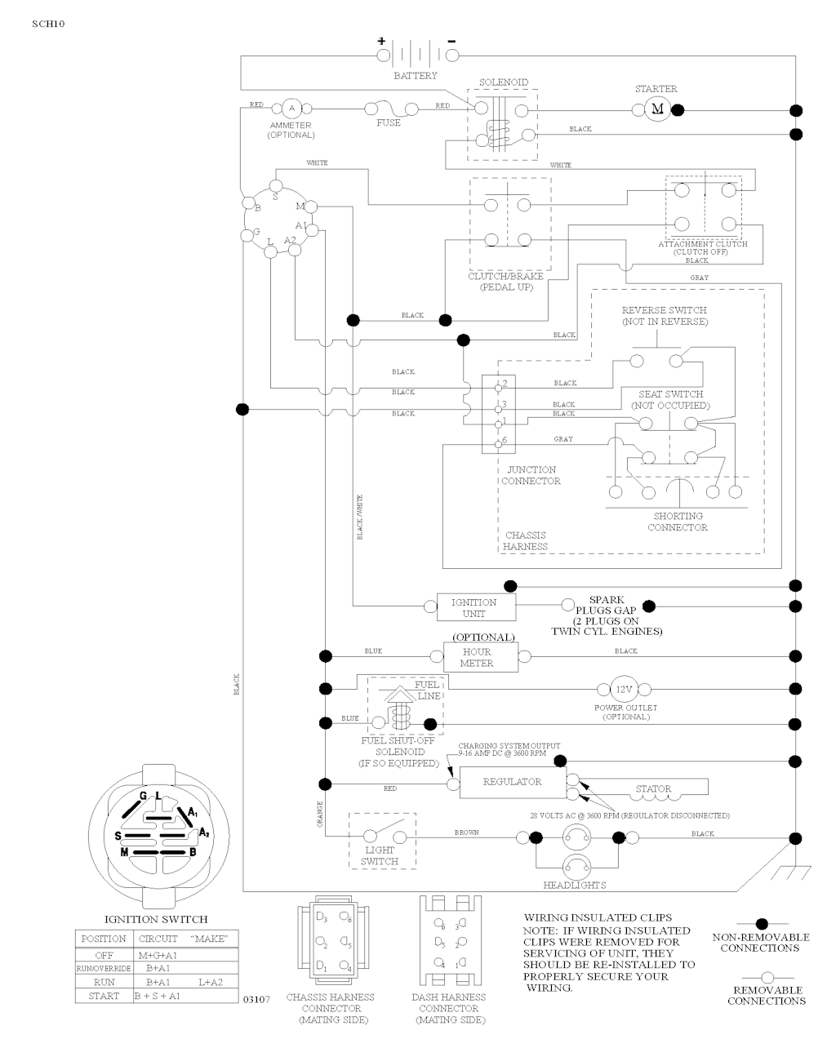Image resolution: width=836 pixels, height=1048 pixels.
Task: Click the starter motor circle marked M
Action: point(658,109)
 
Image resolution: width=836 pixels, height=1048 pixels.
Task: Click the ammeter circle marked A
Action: point(292,109)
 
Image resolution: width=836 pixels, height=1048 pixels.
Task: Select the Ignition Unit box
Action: point(474,607)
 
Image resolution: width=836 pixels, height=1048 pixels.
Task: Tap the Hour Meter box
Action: point(480,657)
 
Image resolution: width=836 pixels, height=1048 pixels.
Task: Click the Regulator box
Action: point(513,782)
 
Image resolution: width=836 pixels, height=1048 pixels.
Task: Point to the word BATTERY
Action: point(416,76)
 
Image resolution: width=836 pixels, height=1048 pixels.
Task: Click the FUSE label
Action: point(389,123)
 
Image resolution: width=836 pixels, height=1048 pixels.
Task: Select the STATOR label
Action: point(653,789)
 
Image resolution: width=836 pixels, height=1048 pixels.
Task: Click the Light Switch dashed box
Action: point(381,841)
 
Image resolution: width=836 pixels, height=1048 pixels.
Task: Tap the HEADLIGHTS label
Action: point(575,886)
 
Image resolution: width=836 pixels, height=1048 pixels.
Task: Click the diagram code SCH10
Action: point(48,23)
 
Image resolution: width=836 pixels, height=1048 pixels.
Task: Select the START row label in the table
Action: point(104,996)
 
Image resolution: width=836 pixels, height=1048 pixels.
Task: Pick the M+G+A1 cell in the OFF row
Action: point(162,954)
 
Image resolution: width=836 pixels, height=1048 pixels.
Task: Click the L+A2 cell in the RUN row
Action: point(211,982)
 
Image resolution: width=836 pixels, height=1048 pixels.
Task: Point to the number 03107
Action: point(256,1000)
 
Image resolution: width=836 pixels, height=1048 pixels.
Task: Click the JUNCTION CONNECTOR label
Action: point(531,475)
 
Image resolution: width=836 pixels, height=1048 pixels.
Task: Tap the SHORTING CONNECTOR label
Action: point(678,522)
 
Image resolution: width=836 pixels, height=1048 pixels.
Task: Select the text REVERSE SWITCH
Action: point(664,310)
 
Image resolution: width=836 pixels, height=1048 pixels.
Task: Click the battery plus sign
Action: point(380,41)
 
